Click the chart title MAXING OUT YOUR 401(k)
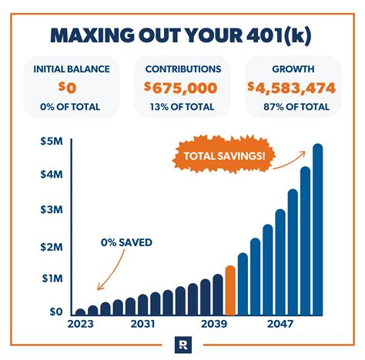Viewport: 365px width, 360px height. (x=182, y=37)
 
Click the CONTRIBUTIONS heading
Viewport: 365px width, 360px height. (x=182, y=68)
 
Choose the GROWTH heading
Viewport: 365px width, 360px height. (x=293, y=68)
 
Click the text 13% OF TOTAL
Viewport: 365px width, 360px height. (x=182, y=105)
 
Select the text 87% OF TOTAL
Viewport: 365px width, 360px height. (x=293, y=105)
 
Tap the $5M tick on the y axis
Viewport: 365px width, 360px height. (x=52, y=142)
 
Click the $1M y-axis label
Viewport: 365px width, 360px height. (x=52, y=278)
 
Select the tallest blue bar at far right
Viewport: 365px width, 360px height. (x=317, y=231)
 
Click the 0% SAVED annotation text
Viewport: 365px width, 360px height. (x=126, y=242)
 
